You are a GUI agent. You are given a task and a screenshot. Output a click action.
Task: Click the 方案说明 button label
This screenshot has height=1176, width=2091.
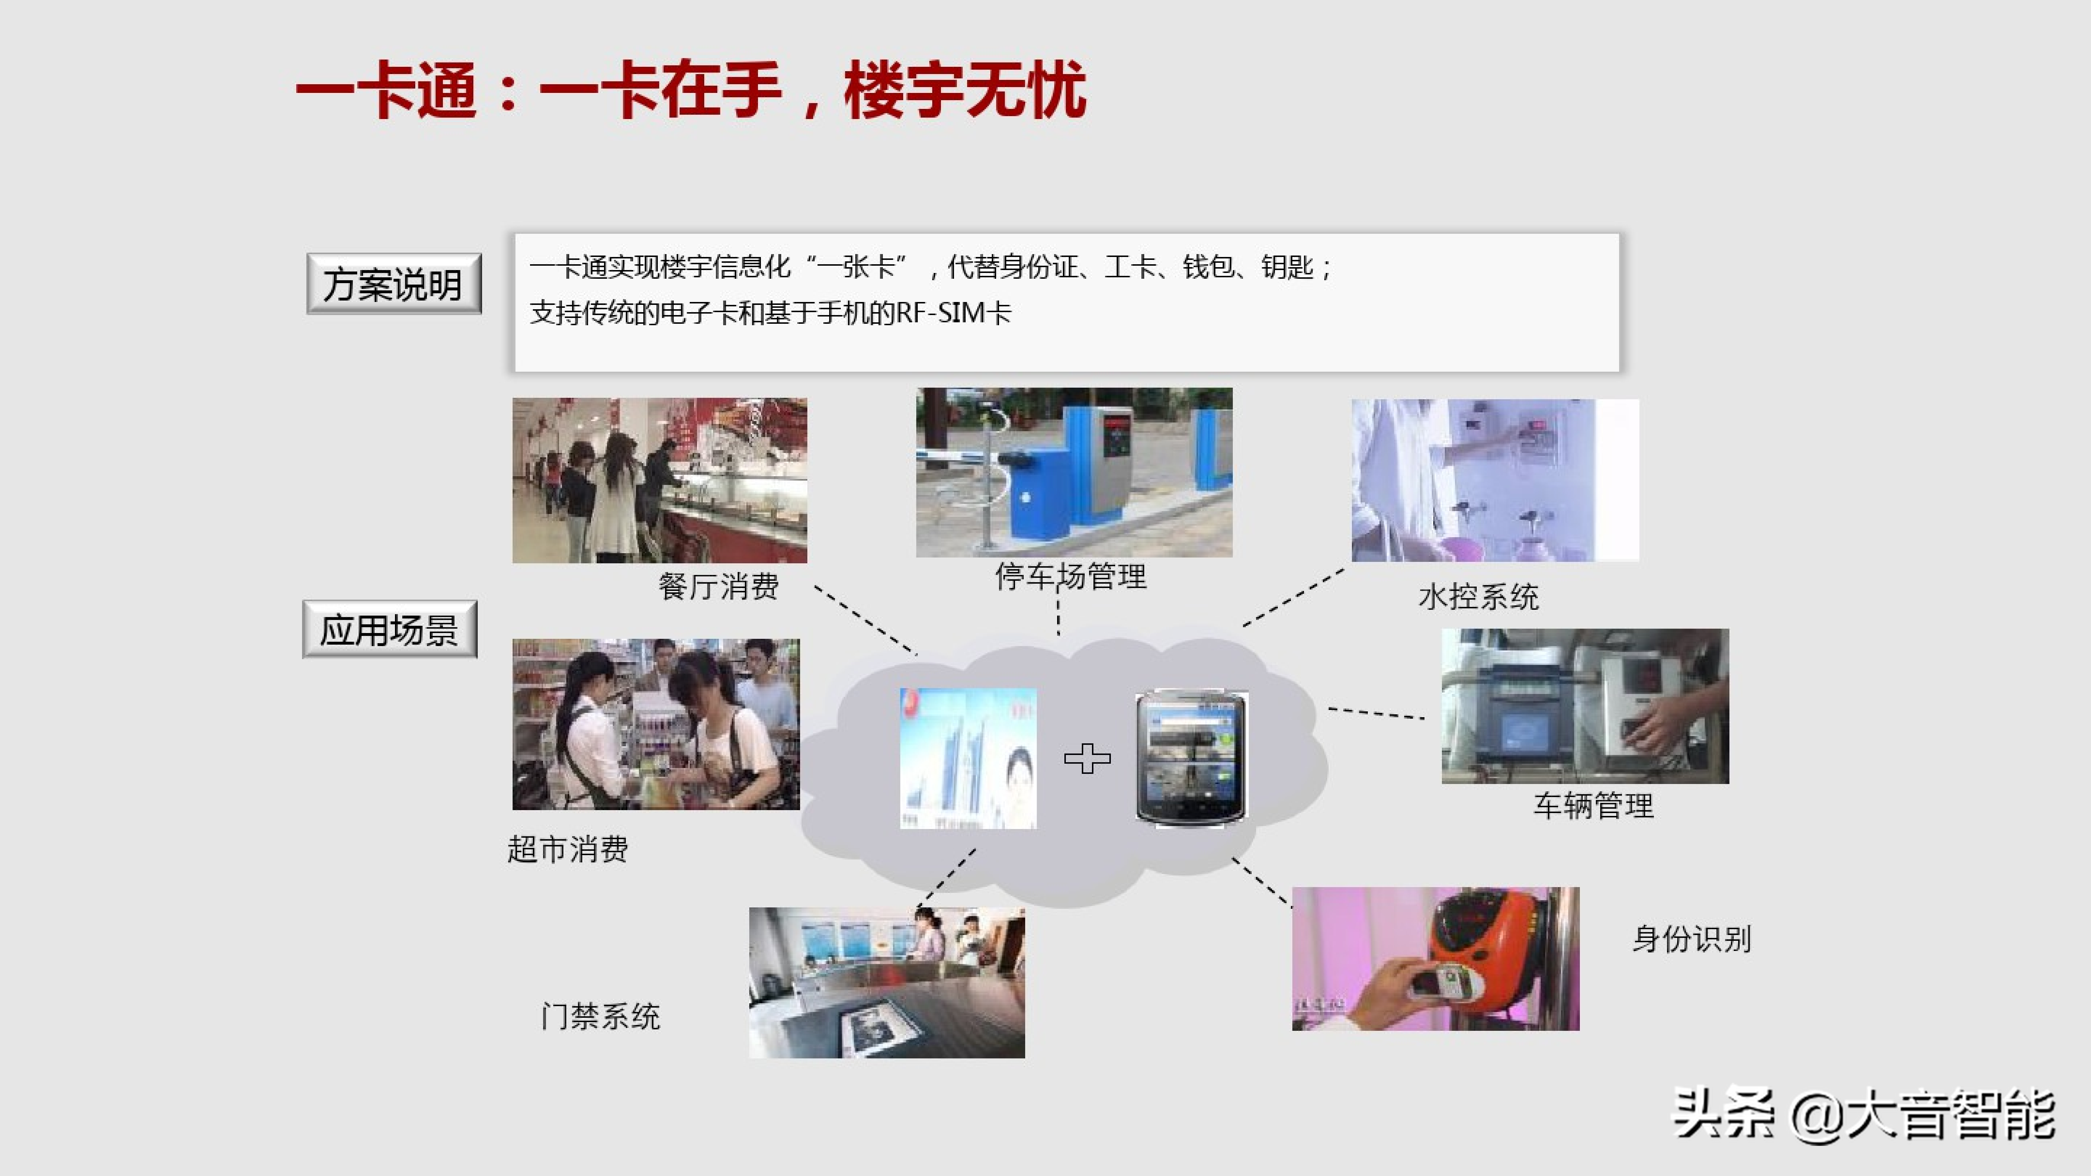coord(393,284)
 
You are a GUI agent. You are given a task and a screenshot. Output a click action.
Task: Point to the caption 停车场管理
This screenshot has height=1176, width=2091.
coord(1071,576)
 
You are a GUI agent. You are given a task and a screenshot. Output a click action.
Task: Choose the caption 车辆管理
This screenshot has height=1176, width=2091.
coord(1593,806)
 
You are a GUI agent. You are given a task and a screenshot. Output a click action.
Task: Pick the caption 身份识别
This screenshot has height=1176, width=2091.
coord(1692,939)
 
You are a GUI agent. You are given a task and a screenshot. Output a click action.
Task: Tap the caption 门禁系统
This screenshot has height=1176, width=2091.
coord(601,1016)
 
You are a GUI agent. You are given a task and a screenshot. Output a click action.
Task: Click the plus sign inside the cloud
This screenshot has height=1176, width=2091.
coord(1087,758)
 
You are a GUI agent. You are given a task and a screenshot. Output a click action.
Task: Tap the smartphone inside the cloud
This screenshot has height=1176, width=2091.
coord(1191,758)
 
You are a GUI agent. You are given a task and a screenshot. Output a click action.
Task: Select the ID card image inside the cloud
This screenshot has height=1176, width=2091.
coord(967,758)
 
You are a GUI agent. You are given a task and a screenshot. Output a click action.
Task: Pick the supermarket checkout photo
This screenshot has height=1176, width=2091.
coord(656,724)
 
